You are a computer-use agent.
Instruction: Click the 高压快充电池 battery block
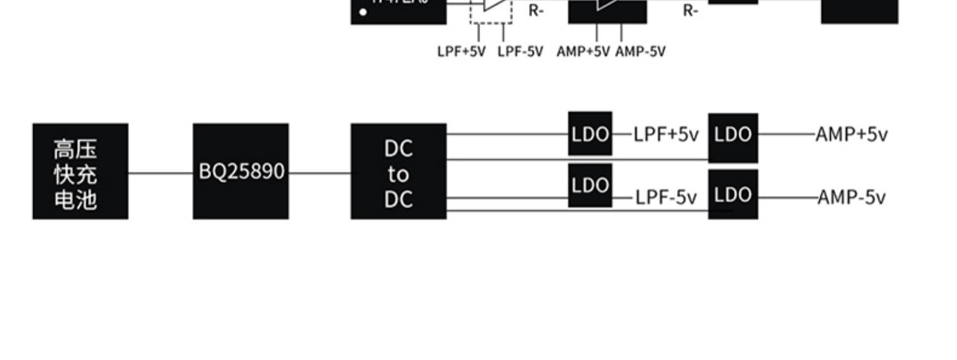(x=80, y=172)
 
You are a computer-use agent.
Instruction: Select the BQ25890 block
(x=241, y=172)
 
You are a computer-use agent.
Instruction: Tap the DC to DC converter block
(x=399, y=172)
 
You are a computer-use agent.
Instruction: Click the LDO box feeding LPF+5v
(x=590, y=134)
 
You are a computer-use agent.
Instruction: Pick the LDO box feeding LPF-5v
(x=590, y=185)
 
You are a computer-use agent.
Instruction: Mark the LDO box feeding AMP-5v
(x=733, y=194)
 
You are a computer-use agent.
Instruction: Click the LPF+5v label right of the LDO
(x=666, y=135)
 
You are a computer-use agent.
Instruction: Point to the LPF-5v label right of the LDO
(x=666, y=198)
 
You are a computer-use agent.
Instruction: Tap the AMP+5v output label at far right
(x=852, y=135)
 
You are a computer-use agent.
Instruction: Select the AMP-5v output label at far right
(x=852, y=198)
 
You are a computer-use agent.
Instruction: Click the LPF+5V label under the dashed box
(x=461, y=52)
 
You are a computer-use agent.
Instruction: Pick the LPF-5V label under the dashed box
(x=520, y=52)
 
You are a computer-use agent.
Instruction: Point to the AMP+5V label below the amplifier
(x=583, y=52)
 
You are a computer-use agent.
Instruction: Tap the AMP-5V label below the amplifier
(x=641, y=52)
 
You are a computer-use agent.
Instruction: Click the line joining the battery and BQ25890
(x=161, y=172)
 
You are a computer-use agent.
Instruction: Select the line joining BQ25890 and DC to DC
(x=320, y=172)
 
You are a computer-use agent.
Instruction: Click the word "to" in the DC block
(x=399, y=174)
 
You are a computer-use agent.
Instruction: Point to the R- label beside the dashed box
(x=536, y=10)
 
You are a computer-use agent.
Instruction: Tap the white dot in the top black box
(x=363, y=11)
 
